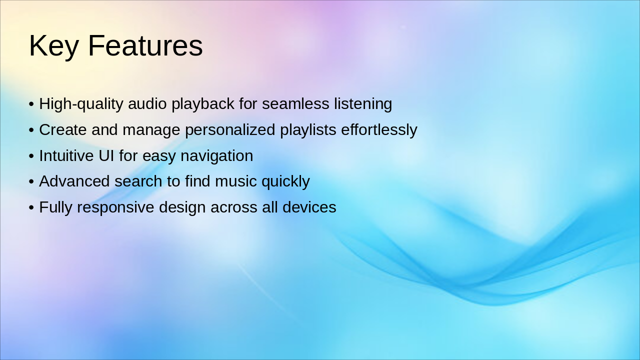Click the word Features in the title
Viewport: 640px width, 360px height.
tap(145, 45)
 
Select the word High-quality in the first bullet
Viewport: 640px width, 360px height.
tap(81, 104)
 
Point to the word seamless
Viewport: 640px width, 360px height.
tap(295, 103)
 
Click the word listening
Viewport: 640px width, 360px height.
tap(363, 104)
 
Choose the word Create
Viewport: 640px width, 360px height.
tap(63, 129)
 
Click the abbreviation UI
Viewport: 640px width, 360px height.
tap(106, 155)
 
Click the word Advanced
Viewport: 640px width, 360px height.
tap(74, 181)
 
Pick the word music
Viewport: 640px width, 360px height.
tap(235, 181)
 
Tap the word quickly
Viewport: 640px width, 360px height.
tap(285, 182)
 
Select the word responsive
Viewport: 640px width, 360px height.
tap(115, 207)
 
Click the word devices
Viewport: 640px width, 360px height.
tap(309, 207)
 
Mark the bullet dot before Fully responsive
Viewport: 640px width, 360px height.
tap(31, 207)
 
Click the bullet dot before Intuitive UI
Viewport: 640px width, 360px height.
tap(31, 156)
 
